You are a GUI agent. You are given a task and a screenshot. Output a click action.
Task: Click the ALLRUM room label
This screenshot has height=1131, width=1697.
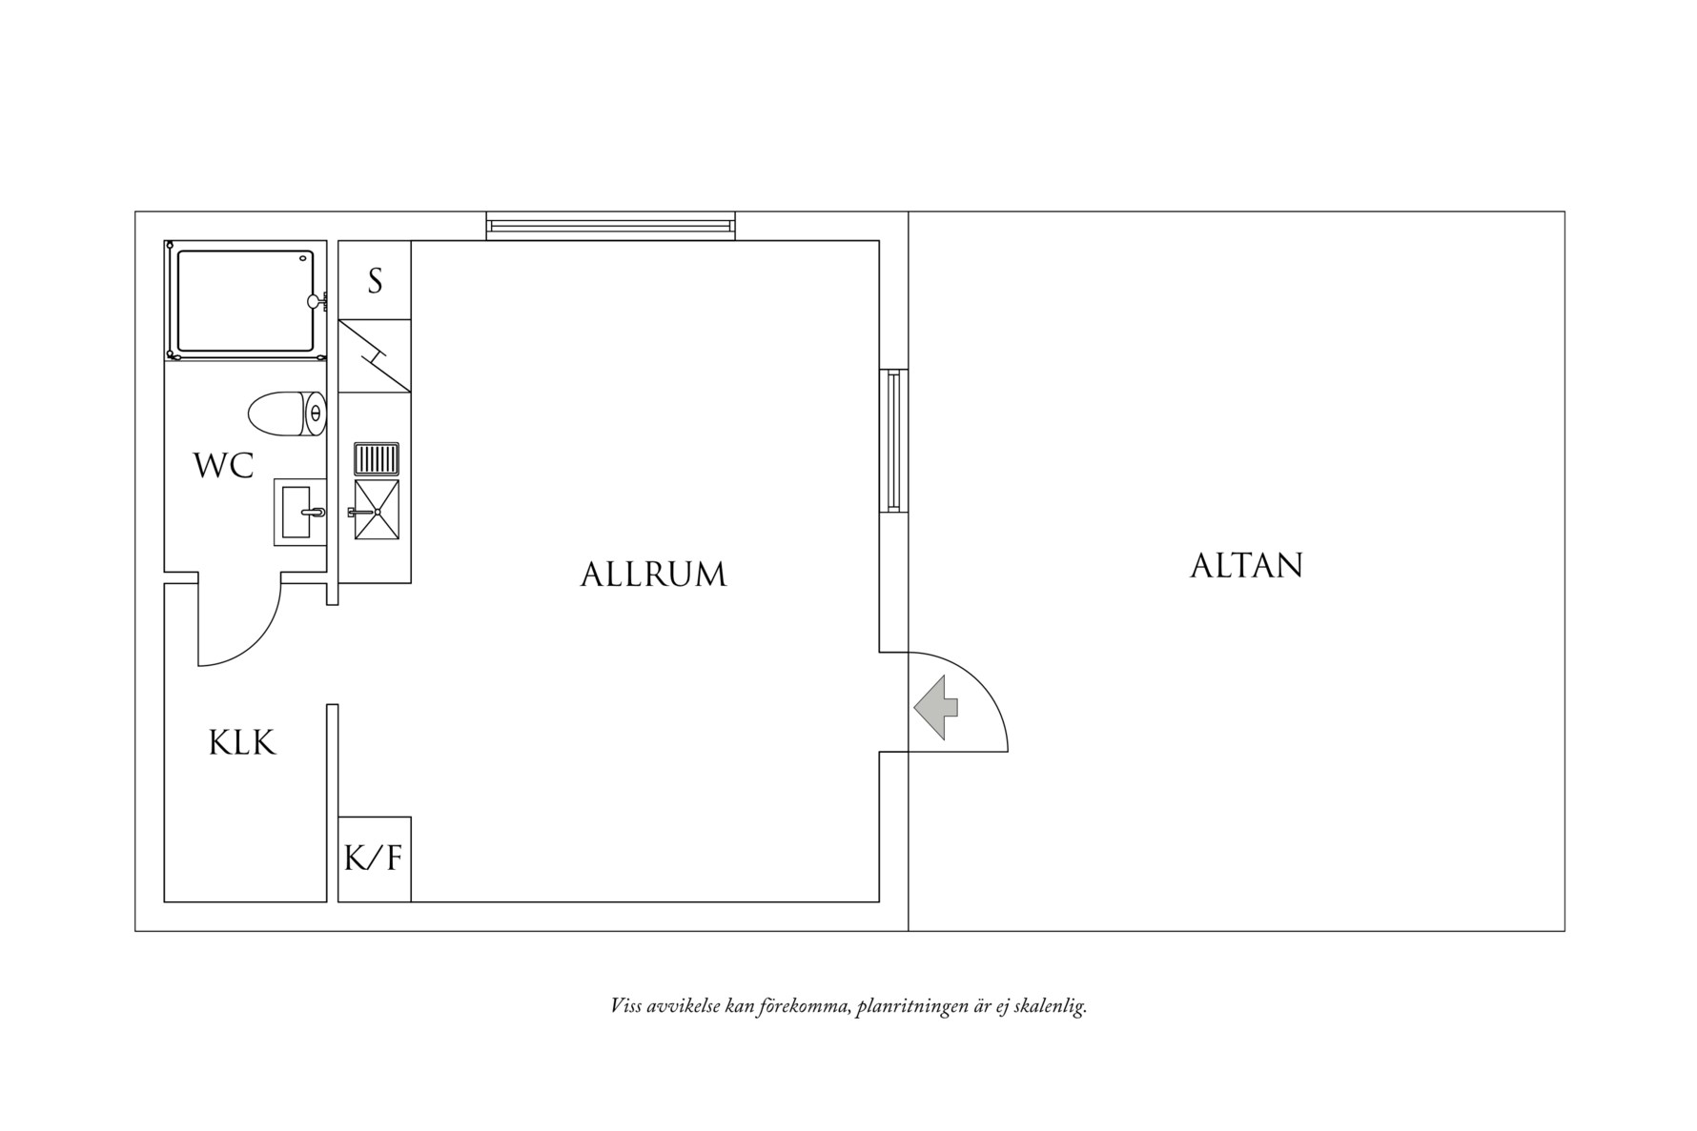[x=653, y=575]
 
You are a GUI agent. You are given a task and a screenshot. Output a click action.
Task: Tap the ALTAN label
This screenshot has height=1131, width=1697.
[x=1245, y=566]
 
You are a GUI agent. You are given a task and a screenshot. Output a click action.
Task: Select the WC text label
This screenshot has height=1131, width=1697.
[x=223, y=466]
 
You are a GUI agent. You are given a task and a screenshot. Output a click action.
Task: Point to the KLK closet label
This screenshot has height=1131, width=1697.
[x=242, y=743]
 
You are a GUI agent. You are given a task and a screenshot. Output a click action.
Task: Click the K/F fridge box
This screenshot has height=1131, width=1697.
[x=375, y=858]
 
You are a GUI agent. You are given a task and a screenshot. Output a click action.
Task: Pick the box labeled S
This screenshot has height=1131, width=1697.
[x=375, y=280]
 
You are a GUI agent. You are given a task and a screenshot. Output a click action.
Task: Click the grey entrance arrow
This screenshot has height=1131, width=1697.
[x=936, y=707]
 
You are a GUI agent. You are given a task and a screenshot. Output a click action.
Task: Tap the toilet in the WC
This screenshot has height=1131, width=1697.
[x=286, y=414]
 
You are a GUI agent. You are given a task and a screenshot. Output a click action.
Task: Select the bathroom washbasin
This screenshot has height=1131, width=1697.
[x=299, y=513]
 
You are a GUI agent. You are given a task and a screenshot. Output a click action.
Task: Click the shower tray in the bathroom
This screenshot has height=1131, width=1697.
[x=245, y=300]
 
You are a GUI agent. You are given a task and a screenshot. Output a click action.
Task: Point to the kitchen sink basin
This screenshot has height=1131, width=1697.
[x=377, y=511]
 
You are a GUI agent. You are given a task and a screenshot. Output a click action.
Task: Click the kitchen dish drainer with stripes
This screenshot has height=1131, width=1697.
[x=377, y=458]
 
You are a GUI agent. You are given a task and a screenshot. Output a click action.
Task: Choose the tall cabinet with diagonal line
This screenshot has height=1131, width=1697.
[x=375, y=355]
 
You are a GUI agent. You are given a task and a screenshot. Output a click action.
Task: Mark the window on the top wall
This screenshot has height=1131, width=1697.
[x=610, y=226]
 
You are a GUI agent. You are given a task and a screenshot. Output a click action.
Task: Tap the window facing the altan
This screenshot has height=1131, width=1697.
[x=893, y=440]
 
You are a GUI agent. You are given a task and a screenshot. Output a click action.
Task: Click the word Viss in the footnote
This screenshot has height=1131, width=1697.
[x=626, y=1006]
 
